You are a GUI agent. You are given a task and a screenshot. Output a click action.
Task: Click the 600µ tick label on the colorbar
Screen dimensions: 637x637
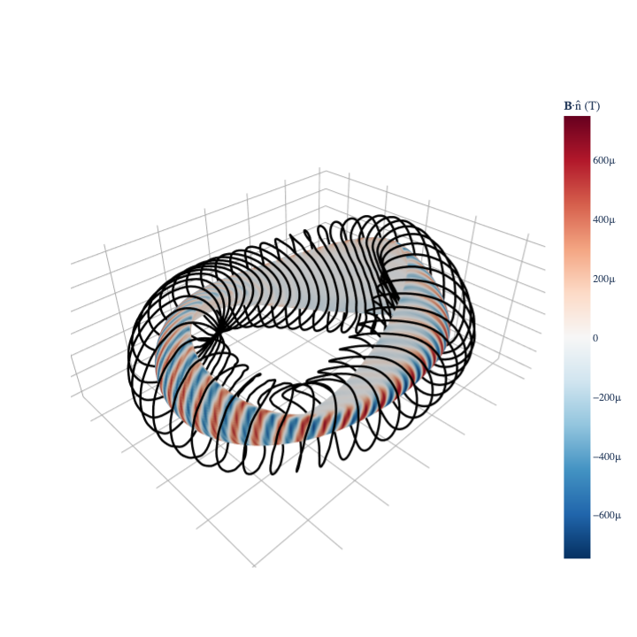[x=603, y=160]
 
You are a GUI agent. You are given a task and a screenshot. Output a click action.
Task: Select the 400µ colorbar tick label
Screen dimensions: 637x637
[x=603, y=219]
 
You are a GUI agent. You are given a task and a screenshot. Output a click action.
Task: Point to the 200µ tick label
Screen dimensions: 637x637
[x=603, y=279]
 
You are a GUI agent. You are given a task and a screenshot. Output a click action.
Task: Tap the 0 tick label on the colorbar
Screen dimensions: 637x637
[x=595, y=338]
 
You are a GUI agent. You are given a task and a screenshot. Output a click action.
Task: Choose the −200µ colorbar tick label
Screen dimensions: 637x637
[x=607, y=397]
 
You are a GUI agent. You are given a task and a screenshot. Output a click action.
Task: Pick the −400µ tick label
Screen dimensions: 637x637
[x=607, y=457]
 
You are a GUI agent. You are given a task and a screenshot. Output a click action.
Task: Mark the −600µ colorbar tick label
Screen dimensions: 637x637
[x=607, y=515]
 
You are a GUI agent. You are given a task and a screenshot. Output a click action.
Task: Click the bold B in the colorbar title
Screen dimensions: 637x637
[x=568, y=106]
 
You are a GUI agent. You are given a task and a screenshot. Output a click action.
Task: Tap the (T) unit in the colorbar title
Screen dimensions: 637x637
[x=592, y=106]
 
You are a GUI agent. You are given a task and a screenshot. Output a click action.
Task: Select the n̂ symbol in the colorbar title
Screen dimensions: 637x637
[x=578, y=106]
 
